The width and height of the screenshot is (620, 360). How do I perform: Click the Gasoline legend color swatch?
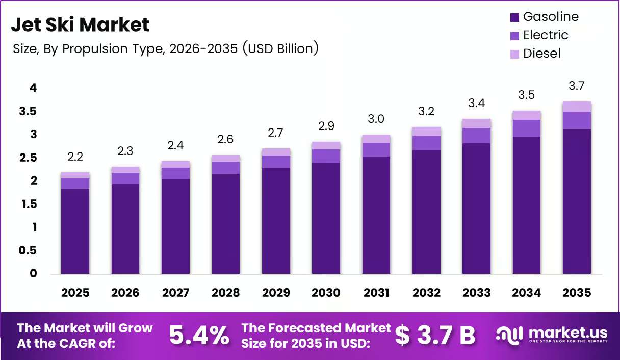point(514,17)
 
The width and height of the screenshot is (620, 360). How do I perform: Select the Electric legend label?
point(546,35)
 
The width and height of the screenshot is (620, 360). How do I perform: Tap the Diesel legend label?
point(541,54)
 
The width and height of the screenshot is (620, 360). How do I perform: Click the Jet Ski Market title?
point(80,24)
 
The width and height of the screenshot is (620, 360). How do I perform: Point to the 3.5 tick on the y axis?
point(28,111)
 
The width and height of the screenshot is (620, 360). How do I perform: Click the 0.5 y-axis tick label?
point(28,250)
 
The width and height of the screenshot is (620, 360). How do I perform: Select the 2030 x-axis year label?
point(326,293)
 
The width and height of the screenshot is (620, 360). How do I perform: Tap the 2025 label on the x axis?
point(75,293)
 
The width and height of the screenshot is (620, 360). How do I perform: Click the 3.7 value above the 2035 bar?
point(577,86)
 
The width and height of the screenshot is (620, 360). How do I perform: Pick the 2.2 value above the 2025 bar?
point(75,157)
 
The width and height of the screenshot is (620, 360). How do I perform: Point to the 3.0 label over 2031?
point(376,119)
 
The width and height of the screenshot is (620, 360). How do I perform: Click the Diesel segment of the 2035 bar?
point(577,107)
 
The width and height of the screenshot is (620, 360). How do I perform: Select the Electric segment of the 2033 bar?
point(476,136)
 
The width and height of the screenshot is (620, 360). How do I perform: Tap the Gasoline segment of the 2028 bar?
point(226,224)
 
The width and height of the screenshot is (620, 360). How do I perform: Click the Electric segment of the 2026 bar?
point(125,178)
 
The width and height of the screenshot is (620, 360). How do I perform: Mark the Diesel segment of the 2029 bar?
point(276,152)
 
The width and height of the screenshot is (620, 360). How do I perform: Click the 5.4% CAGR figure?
point(199,336)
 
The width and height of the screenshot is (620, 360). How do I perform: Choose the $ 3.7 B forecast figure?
point(435,336)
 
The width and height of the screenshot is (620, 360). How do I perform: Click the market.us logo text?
point(568,333)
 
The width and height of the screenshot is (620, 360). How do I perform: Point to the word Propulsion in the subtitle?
point(95,49)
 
